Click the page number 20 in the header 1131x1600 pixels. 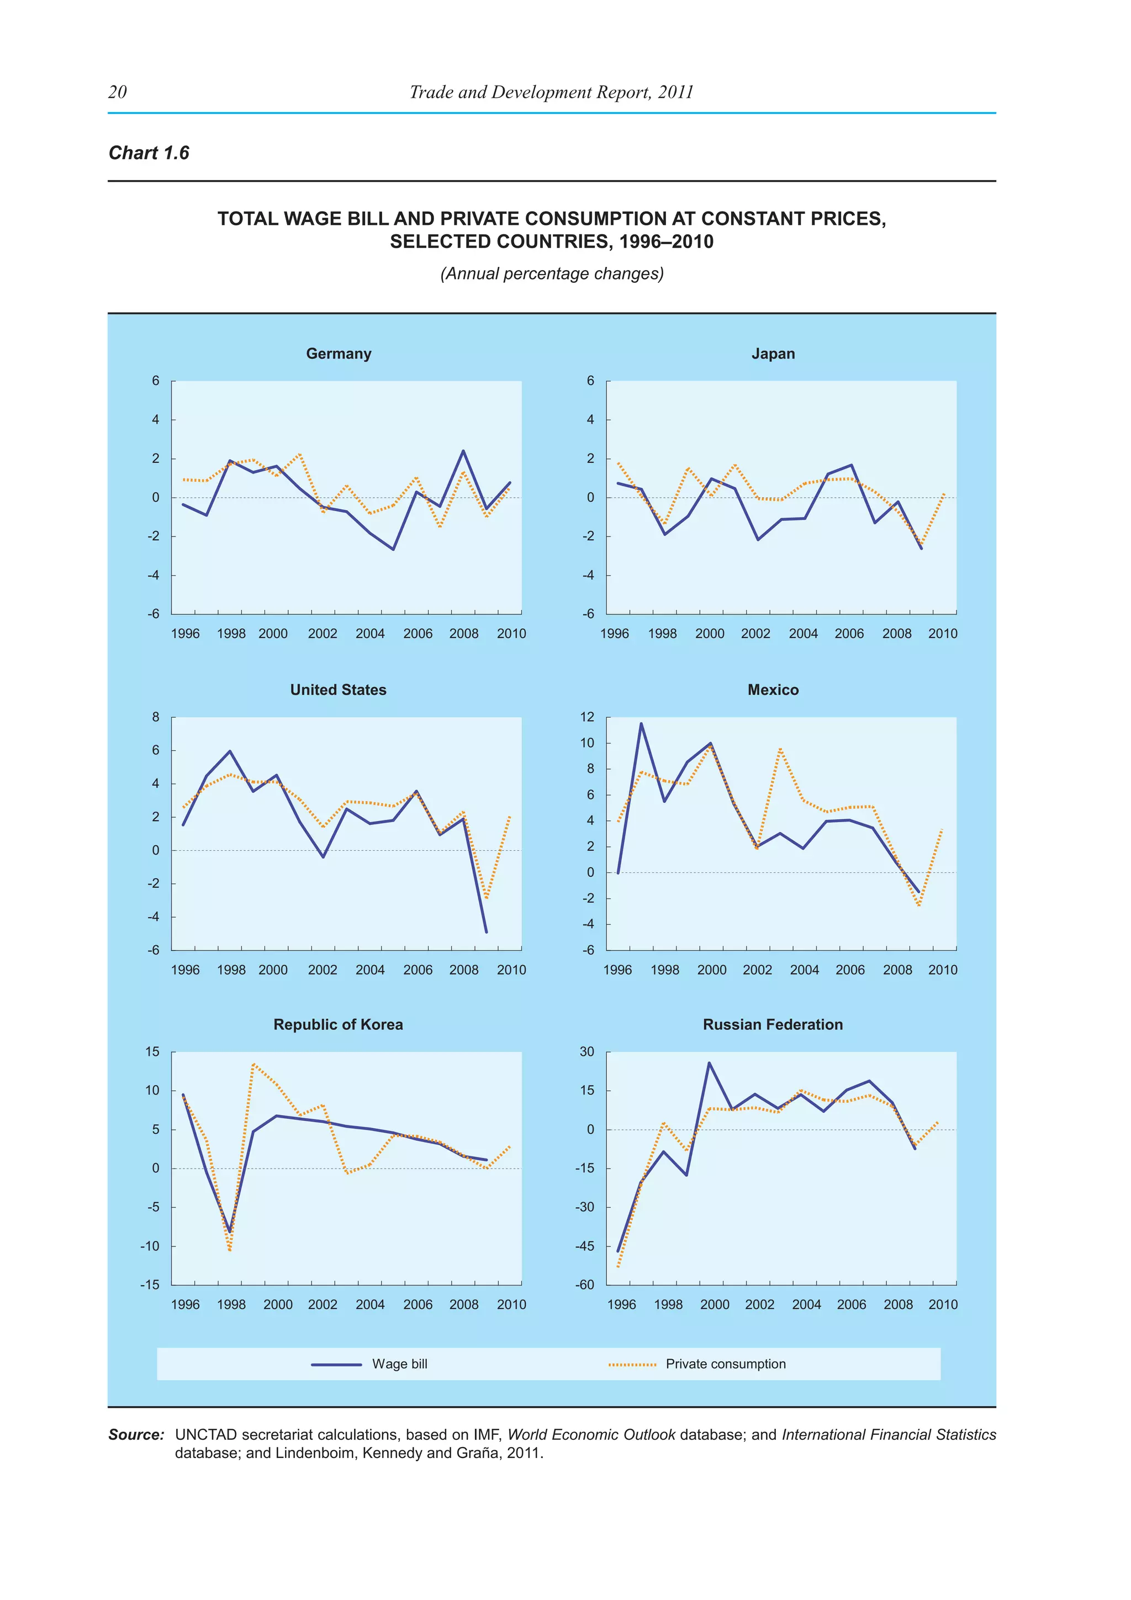(x=118, y=92)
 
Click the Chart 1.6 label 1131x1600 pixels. (x=149, y=152)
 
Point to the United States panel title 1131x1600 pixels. (x=338, y=690)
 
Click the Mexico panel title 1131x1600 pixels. (x=773, y=690)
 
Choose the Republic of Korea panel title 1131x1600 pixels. (x=338, y=1024)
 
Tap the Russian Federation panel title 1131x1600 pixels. (x=773, y=1024)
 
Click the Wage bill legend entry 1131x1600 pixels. (x=399, y=1364)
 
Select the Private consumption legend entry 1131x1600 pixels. (x=725, y=1364)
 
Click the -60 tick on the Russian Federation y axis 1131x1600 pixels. (x=584, y=1285)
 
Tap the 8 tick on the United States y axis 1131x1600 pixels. (x=155, y=717)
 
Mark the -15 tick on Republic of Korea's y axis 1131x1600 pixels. (x=150, y=1285)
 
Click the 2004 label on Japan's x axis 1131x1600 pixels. (x=803, y=634)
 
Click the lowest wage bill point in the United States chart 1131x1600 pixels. (x=486, y=931)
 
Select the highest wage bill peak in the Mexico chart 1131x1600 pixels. (x=641, y=723)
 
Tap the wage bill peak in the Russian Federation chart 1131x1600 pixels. (x=709, y=1064)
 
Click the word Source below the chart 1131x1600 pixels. (x=136, y=1435)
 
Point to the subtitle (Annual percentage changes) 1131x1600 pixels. (x=552, y=274)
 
